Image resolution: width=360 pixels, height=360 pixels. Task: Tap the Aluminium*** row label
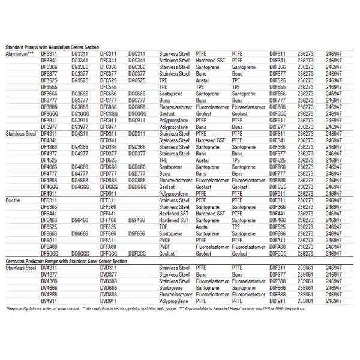20,53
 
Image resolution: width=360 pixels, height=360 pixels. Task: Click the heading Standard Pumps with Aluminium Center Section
52,47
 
